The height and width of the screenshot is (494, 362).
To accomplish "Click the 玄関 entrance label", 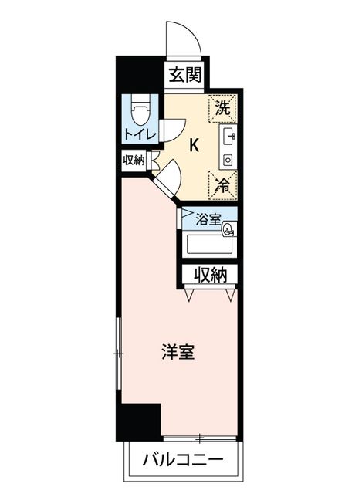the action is (x=184, y=76).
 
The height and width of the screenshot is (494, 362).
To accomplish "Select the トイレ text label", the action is (x=140, y=135).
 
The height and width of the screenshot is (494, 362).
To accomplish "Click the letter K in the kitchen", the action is (x=194, y=146).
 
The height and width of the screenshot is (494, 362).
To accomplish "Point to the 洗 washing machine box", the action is (x=222, y=108).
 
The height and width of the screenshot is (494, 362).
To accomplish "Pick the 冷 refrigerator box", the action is (x=222, y=185).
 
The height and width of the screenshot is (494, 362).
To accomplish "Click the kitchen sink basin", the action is (x=228, y=136).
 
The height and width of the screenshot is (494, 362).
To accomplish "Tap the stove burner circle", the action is (x=228, y=161).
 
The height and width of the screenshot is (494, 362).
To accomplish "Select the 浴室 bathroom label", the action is (x=208, y=219).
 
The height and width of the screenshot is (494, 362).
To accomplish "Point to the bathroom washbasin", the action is (x=228, y=229).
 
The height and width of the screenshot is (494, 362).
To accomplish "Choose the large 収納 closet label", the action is (x=210, y=275).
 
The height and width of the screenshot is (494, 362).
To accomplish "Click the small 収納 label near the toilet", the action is (x=134, y=161).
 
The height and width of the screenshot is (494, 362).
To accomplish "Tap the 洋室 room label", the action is (x=178, y=352).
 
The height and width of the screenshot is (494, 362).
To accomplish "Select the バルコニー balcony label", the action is (x=183, y=460).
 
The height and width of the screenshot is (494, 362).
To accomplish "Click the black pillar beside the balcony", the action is (x=139, y=422).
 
